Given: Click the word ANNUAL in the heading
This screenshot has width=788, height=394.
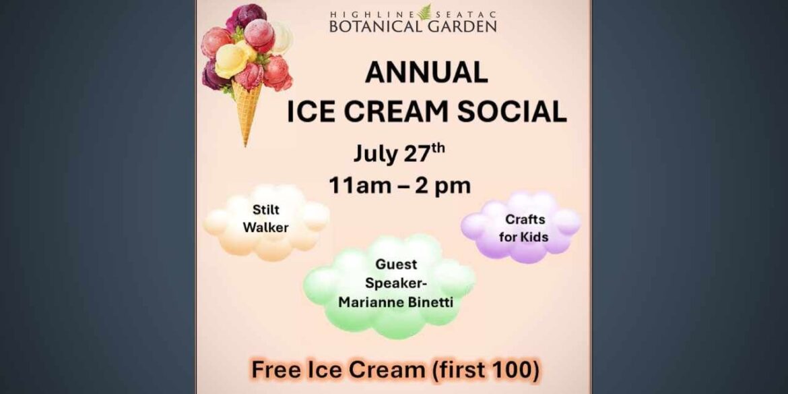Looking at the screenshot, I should (x=426, y=73).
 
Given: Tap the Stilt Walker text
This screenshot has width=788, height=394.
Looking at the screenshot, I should (x=265, y=219).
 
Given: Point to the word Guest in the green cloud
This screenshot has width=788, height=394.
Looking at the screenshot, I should (x=397, y=264).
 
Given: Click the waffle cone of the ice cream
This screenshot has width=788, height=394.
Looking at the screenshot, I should (x=248, y=111).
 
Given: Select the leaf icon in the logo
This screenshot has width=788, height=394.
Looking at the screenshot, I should (x=424, y=12).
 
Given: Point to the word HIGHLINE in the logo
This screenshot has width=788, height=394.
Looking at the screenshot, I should (x=372, y=13).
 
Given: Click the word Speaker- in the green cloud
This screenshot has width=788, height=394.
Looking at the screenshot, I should (x=396, y=283).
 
